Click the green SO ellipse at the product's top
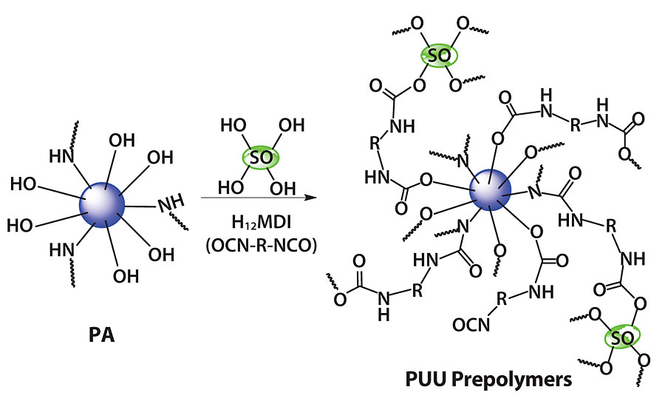(x=439, y=55)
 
